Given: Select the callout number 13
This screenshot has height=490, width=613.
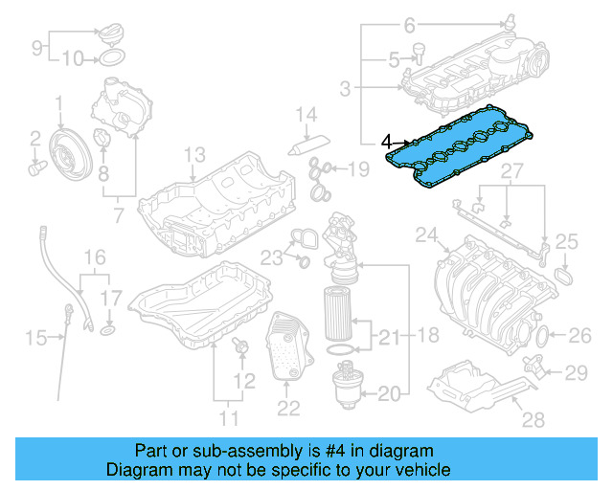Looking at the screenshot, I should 194,154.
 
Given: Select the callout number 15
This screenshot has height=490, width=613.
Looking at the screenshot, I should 35,337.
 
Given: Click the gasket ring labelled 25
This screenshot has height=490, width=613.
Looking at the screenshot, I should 565,277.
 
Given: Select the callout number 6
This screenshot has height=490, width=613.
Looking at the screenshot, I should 410,23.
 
